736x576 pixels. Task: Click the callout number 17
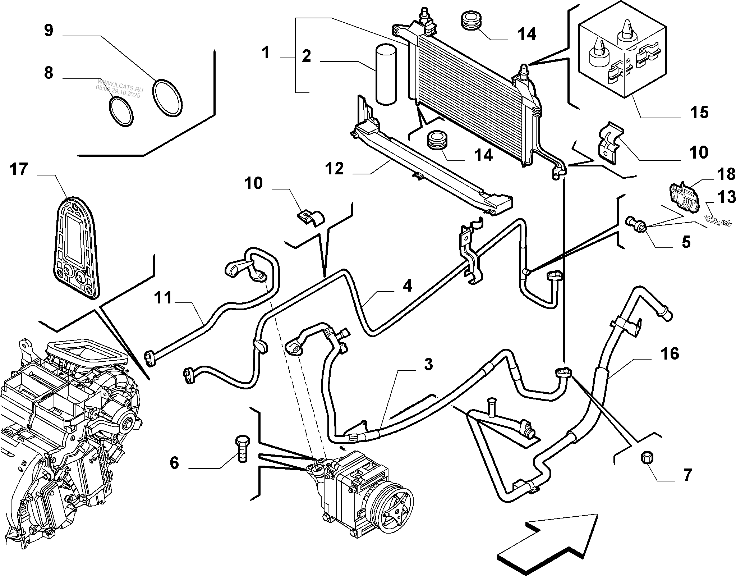19,169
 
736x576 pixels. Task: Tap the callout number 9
49,30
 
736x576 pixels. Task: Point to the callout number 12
335,169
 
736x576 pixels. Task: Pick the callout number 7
687,475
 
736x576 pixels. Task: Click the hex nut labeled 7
647,458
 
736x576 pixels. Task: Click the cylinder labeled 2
386,75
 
